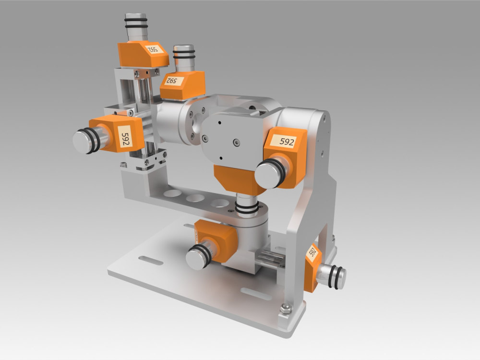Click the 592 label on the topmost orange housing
pyautogui.click(x=153, y=49)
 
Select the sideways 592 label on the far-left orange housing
pyautogui.click(x=125, y=136)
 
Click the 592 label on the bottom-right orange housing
pyautogui.click(x=312, y=252)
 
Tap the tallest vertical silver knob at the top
pyautogui.click(x=136, y=26)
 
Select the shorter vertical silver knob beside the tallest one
pyautogui.click(x=184, y=58)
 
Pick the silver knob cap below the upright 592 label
pyautogui.click(x=266, y=175)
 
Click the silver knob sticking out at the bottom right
pyautogui.click(x=333, y=276)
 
